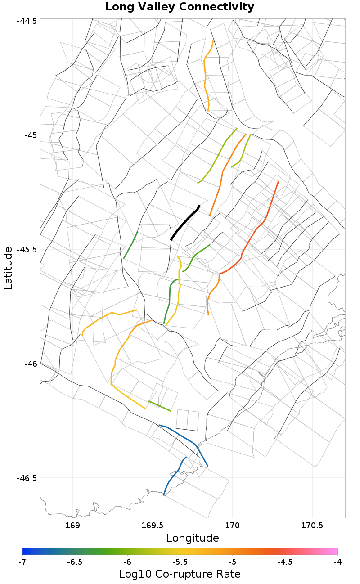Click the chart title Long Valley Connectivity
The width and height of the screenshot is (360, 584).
pos(180,7)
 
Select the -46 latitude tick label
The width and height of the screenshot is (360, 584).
pos(30,364)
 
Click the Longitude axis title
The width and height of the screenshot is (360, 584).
pos(193,538)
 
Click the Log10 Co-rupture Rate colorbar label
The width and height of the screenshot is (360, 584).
pos(180,574)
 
